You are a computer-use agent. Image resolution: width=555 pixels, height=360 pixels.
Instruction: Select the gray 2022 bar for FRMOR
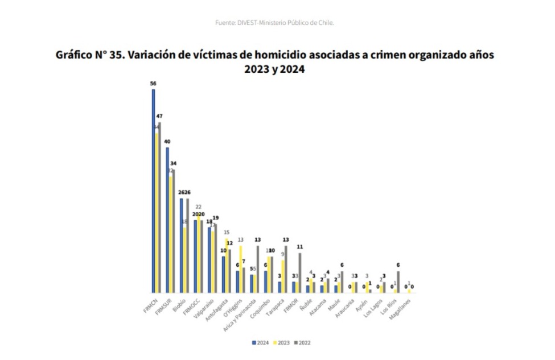click(x=300, y=273)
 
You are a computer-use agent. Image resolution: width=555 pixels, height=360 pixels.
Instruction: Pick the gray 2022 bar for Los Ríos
click(x=398, y=282)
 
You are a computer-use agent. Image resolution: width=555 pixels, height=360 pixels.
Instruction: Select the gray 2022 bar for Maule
click(x=342, y=282)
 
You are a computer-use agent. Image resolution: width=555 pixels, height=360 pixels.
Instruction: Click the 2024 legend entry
click(x=260, y=343)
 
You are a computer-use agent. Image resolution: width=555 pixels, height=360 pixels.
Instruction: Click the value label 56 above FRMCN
click(x=153, y=83)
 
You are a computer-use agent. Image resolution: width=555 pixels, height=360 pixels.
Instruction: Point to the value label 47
click(x=159, y=116)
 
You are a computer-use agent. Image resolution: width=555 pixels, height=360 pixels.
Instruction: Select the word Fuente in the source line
click(x=224, y=23)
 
